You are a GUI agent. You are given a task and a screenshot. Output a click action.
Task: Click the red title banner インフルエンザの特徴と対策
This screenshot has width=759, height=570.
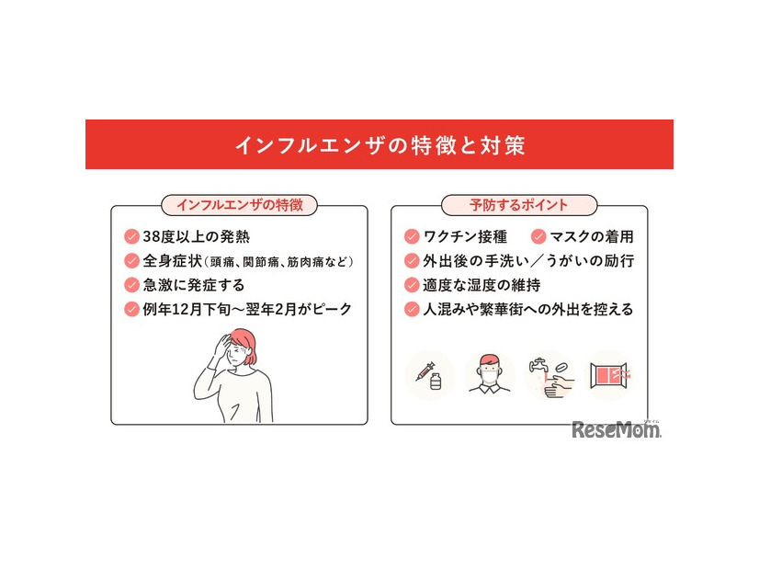379,145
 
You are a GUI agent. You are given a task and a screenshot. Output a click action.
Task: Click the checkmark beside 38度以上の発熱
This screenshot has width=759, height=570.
132,235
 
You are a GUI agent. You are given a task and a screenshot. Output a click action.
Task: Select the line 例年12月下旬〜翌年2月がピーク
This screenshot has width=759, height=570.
246,310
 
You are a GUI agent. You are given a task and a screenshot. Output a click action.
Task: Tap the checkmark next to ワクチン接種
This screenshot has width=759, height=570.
412,236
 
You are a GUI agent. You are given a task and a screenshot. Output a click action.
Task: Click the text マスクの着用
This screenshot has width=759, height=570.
593,236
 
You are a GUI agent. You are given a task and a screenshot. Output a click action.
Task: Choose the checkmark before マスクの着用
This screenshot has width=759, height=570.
538,236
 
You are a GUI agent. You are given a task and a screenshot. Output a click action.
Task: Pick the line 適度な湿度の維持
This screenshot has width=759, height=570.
486,285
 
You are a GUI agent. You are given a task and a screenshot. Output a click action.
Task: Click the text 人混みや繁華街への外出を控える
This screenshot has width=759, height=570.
527,310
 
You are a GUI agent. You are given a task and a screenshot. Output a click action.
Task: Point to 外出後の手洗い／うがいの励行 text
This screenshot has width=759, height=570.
527,260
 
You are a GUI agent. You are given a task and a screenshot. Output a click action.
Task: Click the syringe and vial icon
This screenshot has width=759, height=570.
429,374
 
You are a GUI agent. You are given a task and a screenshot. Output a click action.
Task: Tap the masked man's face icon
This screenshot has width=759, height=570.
490,372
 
